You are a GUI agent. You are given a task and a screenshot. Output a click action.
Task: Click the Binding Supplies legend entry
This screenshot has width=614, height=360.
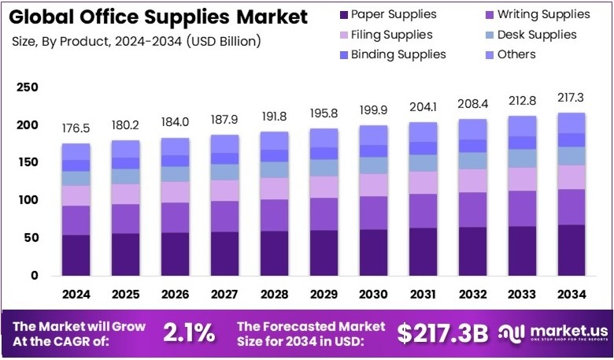(x=389, y=54)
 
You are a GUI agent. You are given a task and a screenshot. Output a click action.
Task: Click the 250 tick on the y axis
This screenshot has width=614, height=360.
(x=28, y=87)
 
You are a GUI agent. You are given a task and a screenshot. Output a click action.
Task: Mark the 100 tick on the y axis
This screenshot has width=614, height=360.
(x=28, y=200)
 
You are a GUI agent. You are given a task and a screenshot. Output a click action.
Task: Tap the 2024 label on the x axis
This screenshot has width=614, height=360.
(x=76, y=295)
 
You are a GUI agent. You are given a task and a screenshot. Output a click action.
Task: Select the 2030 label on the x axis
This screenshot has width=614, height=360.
(x=374, y=295)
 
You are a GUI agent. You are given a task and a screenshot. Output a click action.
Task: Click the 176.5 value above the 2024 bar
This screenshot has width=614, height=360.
(x=76, y=128)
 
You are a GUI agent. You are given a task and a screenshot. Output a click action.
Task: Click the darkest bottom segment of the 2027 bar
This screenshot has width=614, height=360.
(x=225, y=254)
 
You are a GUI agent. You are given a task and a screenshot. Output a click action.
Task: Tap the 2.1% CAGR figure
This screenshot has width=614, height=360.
(x=188, y=333)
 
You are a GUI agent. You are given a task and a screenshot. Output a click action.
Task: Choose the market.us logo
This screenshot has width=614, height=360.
(x=550, y=333)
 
